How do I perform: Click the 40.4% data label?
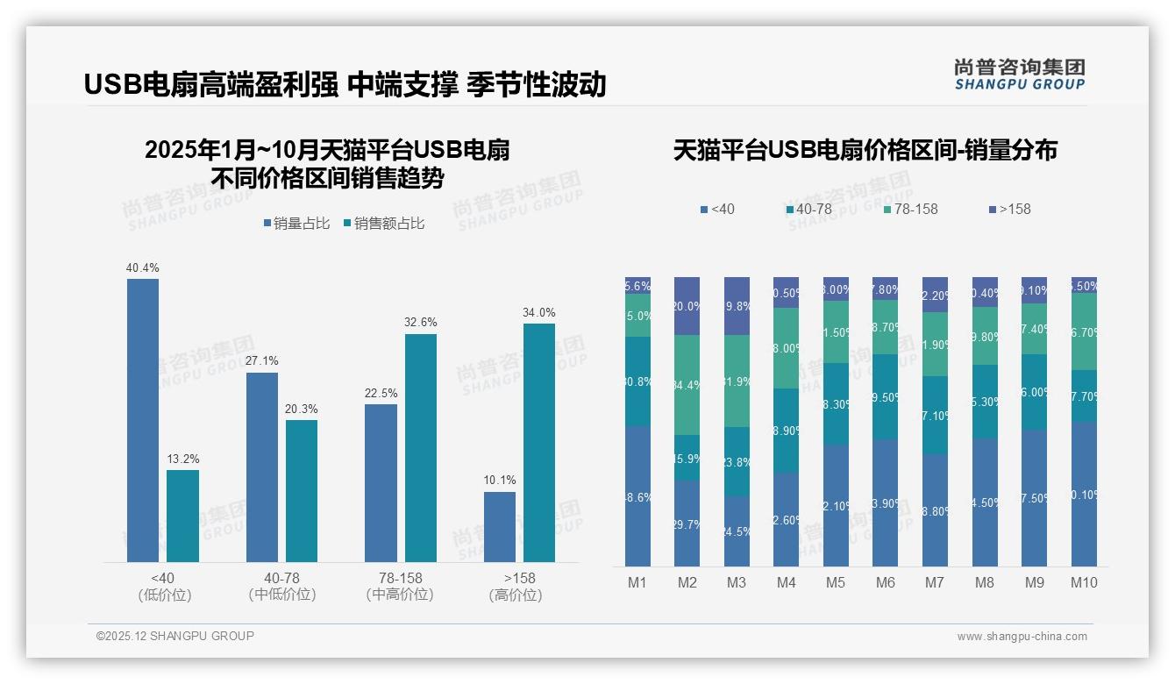143,267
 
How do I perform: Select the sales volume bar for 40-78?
262,467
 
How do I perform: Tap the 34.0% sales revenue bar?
539,442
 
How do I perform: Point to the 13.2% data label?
183,459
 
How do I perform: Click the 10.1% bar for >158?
500,526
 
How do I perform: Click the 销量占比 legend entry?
296,224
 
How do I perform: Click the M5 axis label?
835,582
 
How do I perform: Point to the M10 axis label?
1084,582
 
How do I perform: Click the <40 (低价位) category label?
164,586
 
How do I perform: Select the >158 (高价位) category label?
519,586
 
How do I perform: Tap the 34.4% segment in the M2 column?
687,385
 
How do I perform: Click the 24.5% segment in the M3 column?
737,531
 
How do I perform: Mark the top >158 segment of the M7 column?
936,295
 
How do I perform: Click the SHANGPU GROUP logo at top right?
1019,75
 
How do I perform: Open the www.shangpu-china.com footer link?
1022,637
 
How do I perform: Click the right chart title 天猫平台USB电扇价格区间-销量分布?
865,150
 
